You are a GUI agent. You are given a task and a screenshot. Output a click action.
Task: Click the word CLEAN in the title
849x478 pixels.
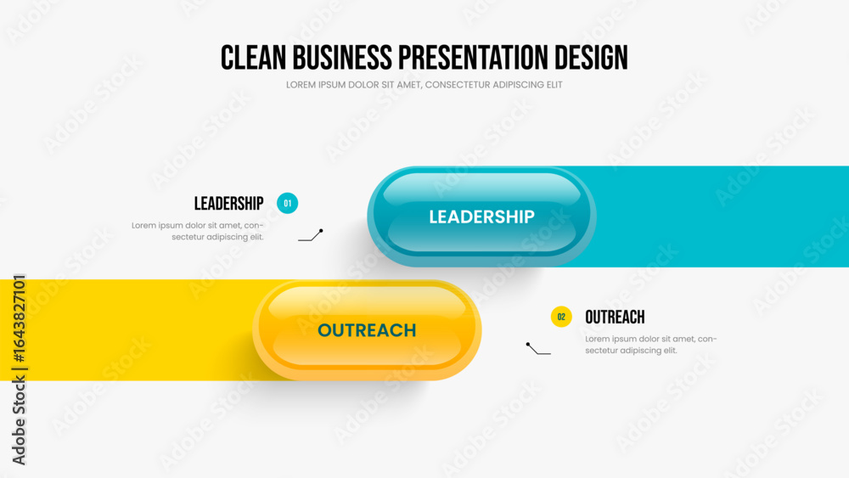pos(253,58)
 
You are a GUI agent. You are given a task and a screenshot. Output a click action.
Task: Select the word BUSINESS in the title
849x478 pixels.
pos(342,58)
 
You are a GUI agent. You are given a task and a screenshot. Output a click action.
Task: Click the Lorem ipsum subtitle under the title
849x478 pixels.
pos(424,85)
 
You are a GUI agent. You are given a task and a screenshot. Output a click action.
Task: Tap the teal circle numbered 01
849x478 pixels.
pos(288,203)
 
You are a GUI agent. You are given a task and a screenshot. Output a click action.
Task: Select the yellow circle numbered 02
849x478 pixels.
pos(561,317)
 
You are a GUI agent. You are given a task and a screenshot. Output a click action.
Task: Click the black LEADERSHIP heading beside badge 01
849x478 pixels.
pos(229,204)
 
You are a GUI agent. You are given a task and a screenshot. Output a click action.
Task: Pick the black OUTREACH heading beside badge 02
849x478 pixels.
pos(615,318)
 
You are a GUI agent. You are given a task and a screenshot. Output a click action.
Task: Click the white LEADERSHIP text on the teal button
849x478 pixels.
pos(482,217)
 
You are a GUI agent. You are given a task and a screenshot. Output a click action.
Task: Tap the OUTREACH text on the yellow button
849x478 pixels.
pos(367,330)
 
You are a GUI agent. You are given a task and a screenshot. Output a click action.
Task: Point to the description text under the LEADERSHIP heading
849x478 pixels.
pos(198,231)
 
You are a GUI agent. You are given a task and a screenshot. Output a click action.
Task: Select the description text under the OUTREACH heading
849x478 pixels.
pos(651,345)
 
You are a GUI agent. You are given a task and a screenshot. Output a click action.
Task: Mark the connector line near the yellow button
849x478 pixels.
pos(537,350)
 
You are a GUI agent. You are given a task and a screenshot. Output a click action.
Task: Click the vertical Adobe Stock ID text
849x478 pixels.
pos(19,369)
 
